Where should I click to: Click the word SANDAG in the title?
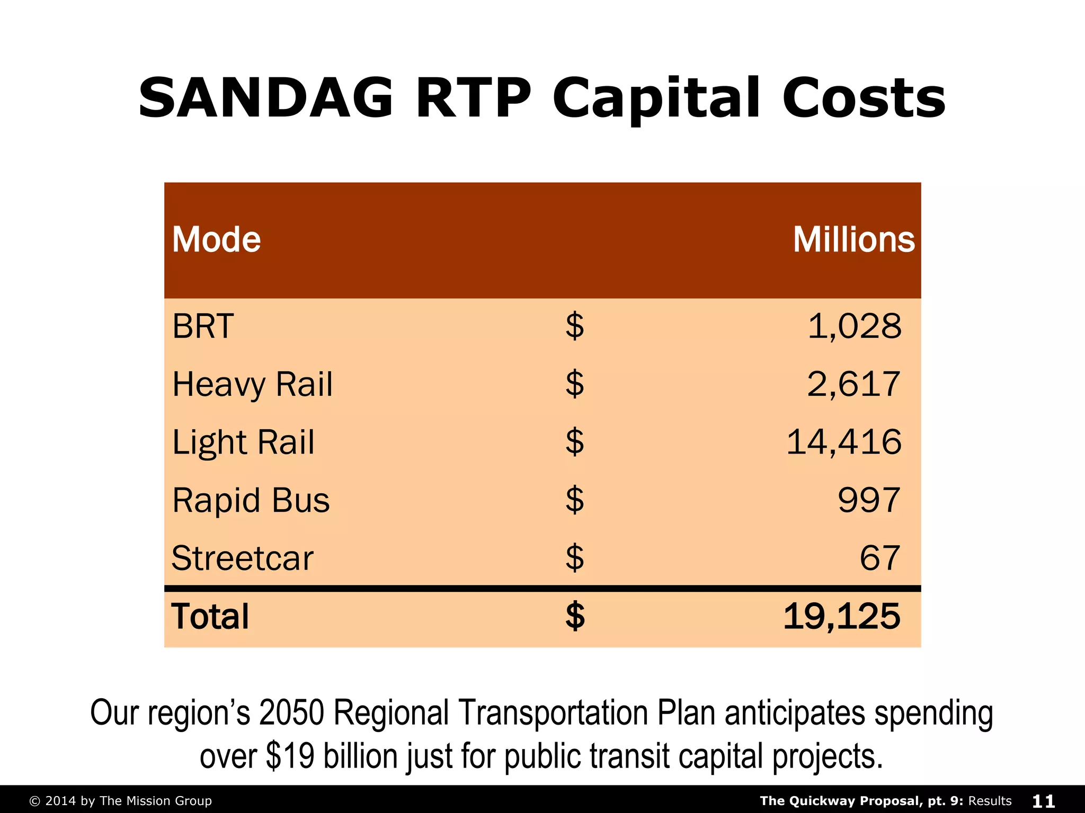265,99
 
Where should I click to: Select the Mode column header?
216,240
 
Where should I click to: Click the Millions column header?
853,240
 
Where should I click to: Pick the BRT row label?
203,326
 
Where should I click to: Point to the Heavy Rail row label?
252,384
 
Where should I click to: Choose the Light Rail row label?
243,442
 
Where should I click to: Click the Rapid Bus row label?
251,500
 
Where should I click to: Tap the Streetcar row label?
243,558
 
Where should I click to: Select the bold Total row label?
210,617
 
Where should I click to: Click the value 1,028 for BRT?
854,326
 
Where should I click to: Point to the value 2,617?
853,384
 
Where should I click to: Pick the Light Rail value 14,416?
843,442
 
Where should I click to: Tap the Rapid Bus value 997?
869,500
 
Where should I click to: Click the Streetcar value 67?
879,558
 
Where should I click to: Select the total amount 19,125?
841,617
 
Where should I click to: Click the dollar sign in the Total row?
575,617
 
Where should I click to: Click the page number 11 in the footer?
1043,801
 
